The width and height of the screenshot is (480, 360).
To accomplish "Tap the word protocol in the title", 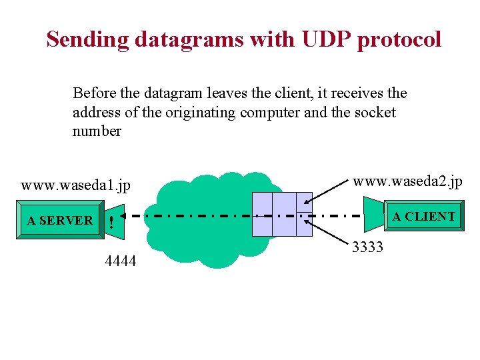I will pos(399,39).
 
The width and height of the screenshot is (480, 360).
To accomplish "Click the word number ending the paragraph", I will pos(97,131).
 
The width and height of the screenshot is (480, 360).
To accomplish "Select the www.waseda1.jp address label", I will pos(75,185).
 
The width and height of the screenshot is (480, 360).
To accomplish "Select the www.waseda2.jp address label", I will pos(407,181).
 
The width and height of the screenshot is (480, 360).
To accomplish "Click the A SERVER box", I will pos(60,220).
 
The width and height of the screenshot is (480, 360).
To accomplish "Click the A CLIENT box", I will pos(423,217).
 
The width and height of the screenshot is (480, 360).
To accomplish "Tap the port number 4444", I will pos(121,261).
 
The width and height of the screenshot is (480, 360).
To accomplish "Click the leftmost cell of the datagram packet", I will pos(263,215).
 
